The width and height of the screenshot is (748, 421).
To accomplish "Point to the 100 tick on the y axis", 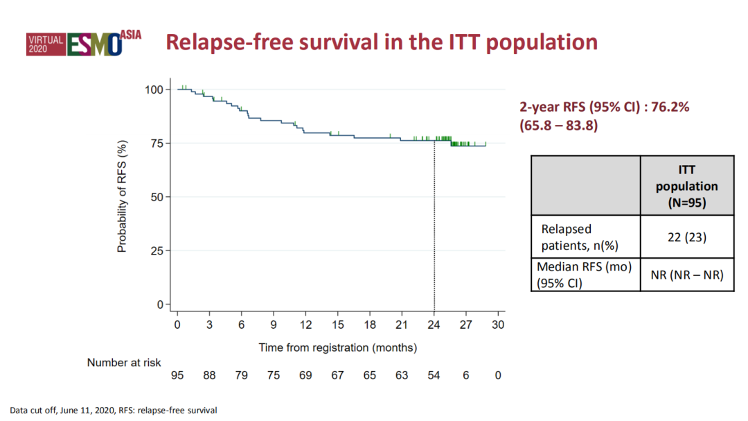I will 153,89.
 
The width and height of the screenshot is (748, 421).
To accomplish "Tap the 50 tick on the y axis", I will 156,197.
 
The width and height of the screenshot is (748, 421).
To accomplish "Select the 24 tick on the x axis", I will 434,325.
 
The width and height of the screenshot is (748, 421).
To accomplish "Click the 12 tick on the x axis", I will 305,325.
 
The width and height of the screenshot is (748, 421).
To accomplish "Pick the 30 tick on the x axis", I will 498,325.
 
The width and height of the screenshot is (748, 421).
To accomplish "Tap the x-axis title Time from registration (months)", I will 338,347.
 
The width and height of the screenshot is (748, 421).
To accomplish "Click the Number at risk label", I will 124,363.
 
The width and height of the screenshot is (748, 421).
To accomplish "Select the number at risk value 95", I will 177,375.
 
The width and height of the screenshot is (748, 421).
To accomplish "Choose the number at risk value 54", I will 434,375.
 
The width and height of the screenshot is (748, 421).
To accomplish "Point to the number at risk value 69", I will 305,375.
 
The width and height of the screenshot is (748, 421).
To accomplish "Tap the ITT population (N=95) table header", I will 686,186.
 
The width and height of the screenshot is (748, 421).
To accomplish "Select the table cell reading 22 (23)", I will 686,237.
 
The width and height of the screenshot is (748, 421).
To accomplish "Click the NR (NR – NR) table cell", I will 686,275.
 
